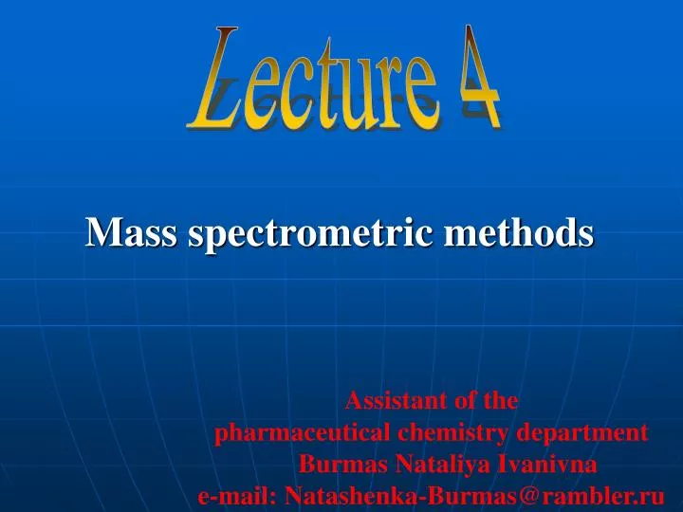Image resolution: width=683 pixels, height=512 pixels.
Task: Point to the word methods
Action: tap(522, 231)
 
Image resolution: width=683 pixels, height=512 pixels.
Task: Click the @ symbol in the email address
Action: tap(531, 495)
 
